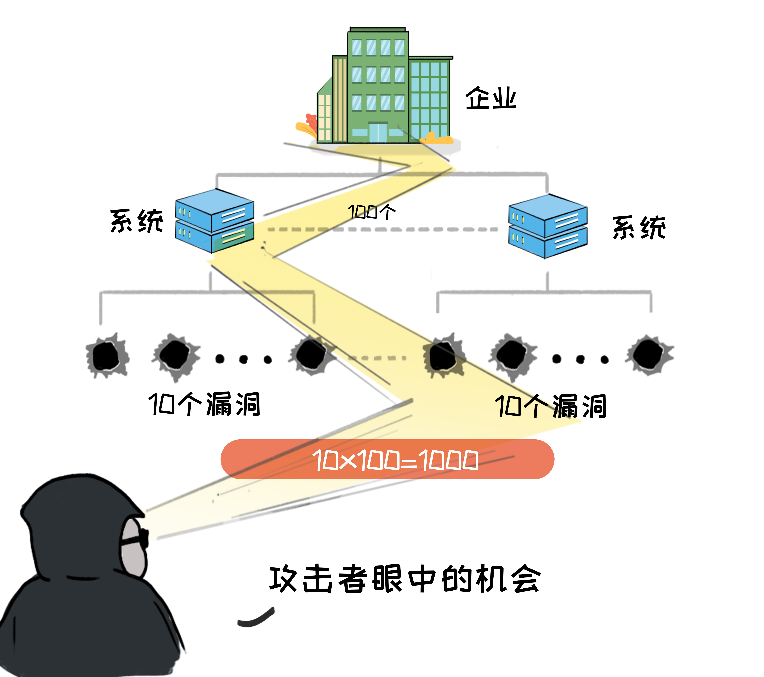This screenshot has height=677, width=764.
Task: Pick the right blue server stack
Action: click(x=548, y=226)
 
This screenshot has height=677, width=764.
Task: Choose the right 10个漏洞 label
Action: click(x=550, y=406)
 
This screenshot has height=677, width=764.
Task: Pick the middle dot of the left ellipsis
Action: click(x=243, y=359)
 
